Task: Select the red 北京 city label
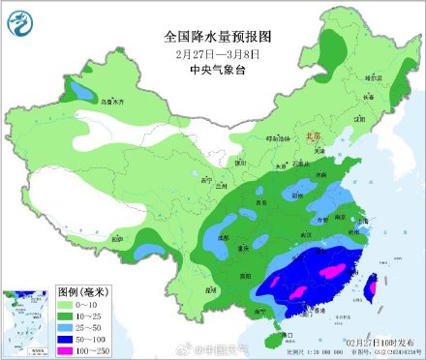click(312, 137)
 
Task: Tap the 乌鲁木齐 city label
click(87, 101)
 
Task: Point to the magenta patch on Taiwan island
click(370, 285)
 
